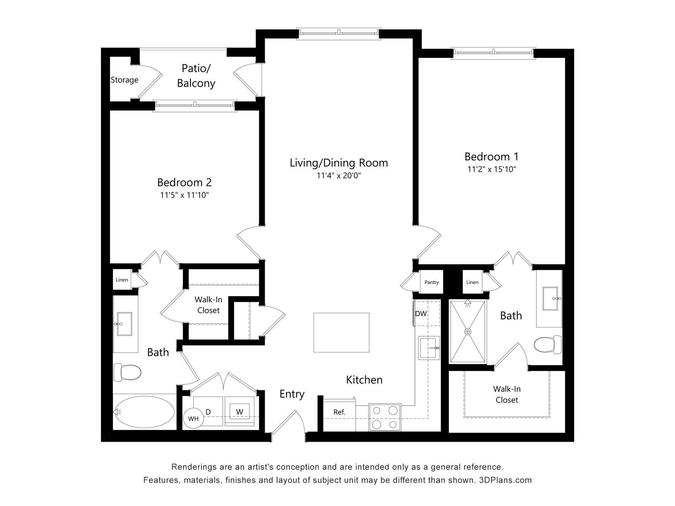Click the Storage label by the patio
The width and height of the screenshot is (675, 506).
124,80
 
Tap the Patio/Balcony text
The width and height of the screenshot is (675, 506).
196,76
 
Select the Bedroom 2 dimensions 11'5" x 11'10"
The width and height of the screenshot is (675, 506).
185,195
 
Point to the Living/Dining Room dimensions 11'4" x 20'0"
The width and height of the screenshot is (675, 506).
339,175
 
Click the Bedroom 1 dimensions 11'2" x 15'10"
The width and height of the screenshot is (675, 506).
491,169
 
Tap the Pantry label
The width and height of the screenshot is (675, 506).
431,282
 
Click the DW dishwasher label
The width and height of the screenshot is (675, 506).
420,313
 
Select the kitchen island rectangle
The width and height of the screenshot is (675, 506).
341,332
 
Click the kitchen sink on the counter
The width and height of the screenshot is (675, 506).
429,348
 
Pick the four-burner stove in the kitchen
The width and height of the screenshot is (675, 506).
385,417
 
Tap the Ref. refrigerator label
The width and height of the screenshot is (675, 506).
339,412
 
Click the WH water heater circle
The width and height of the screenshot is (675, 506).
193,419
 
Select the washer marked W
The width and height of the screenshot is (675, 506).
239,412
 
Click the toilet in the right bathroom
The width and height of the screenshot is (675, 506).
548,345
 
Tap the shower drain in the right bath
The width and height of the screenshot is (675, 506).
468,331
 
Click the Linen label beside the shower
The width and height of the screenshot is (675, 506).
472,282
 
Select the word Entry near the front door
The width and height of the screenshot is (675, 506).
292,394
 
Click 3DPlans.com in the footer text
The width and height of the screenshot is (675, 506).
505,480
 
